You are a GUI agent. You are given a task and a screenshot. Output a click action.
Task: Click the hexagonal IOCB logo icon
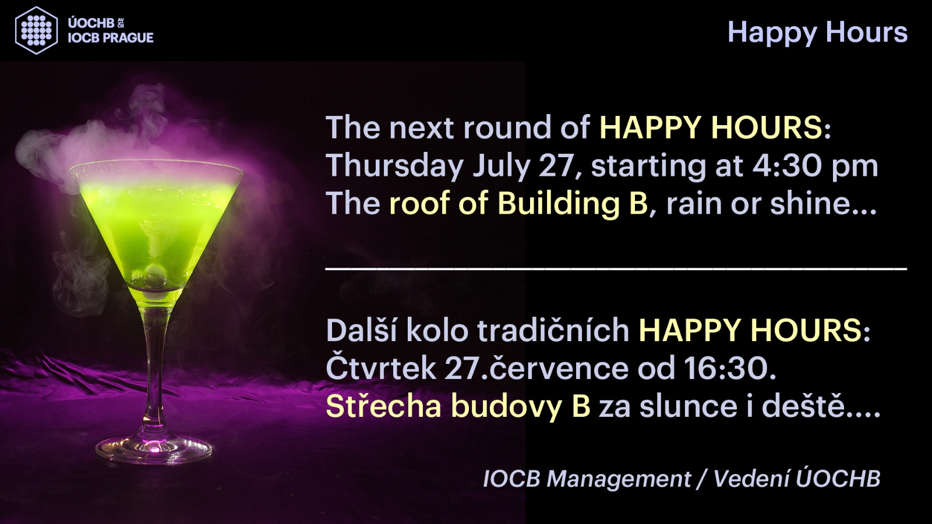36,30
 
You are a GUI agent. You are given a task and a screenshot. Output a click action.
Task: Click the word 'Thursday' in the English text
394,165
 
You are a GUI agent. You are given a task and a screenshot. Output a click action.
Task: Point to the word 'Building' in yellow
573,203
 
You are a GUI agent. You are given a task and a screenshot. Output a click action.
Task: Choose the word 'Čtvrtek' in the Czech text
381,367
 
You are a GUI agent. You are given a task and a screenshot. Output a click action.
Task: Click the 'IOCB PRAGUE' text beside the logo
111,38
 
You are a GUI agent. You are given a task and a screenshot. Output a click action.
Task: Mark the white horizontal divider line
616,270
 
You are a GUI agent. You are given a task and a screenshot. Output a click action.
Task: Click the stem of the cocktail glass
154,357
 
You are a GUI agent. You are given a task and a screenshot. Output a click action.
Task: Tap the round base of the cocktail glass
154,449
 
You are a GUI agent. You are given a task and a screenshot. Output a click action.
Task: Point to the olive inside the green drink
154,274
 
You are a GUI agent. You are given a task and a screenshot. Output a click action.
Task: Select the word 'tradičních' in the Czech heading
553,330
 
